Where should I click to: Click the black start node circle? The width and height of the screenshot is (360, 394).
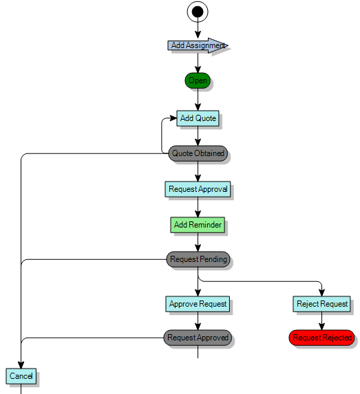point(198,11)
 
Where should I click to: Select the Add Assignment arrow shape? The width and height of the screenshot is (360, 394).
point(196,45)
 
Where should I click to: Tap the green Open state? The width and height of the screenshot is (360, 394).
point(198,80)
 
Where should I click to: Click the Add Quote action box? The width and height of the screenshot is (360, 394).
point(198,118)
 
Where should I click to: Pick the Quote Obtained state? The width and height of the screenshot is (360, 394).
point(198,153)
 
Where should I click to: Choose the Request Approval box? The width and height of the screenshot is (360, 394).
point(198,189)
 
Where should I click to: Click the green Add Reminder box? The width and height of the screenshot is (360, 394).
point(198,225)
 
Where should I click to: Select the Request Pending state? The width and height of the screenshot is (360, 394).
point(198,259)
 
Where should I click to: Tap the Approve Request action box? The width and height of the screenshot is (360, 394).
point(198,303)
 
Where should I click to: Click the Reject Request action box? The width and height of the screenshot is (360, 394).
point(321,303)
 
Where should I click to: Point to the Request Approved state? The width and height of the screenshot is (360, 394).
point(198,338)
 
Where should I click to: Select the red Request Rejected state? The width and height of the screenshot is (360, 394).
point(321,338)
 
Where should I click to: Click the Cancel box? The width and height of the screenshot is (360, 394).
point(21,376)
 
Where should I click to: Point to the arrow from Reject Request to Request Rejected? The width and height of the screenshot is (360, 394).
point(321,321)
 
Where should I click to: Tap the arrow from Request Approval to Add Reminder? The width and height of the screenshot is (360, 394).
point(198,207)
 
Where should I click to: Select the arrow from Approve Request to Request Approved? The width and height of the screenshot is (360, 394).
point(198,321)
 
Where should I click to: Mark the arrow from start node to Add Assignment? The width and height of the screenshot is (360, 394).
point(198,30)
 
